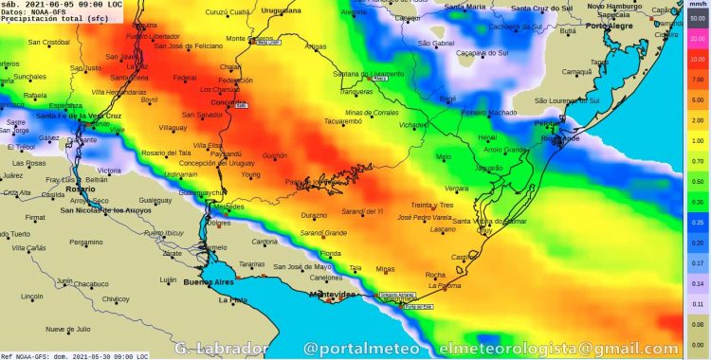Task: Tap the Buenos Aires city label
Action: pos(209,282)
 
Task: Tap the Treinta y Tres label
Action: pos(432,205)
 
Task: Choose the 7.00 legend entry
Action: pos(697,80)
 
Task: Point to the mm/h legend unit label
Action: pos(697,5)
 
